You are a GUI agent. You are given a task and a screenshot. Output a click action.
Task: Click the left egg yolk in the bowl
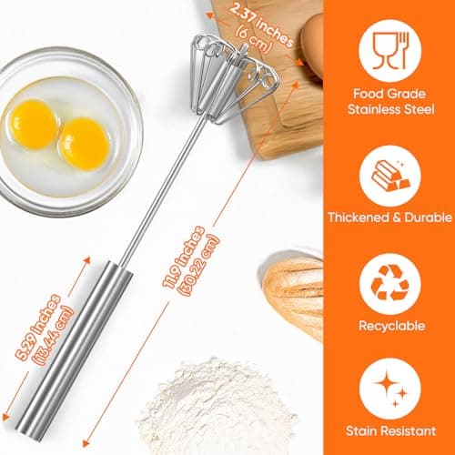coord(35,121)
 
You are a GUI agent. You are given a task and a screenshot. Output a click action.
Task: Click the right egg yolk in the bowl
coord(85,142)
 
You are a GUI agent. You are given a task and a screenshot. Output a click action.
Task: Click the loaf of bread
coord(293,293)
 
